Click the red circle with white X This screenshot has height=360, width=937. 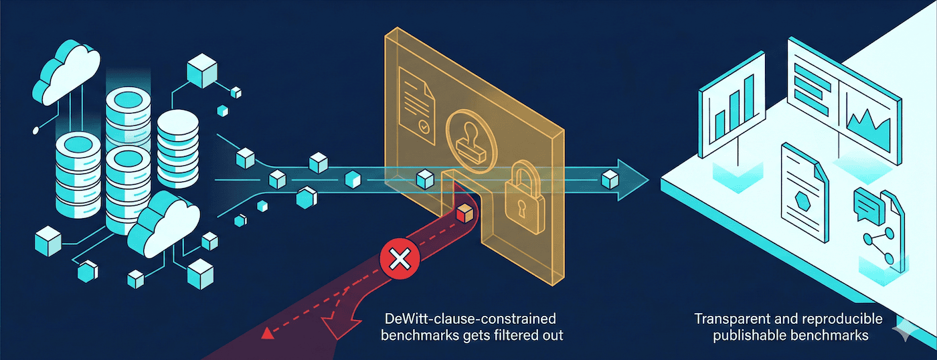click(400, 258)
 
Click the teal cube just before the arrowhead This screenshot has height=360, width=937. click(609, 179)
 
